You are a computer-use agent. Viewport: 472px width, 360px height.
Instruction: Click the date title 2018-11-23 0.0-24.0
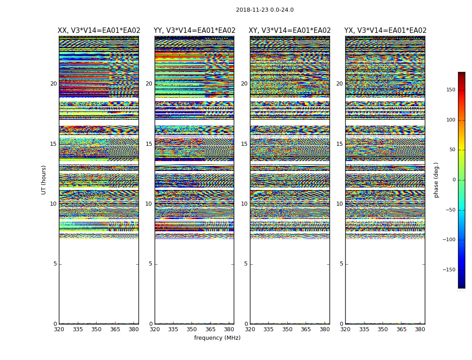coord(264,10)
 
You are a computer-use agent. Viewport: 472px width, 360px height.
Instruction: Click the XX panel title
coord(99,31)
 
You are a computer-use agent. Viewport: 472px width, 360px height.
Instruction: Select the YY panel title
coord(194,31)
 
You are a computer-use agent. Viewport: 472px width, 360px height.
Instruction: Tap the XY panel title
coord(290,31)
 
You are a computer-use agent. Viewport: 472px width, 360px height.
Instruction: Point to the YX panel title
coord(385,31)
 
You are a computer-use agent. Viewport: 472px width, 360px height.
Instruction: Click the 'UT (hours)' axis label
coord(44,180)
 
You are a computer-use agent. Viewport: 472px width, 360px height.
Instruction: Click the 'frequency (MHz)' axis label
coord(217,338)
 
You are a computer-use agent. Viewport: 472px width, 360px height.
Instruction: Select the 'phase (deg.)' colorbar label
coord(436,180)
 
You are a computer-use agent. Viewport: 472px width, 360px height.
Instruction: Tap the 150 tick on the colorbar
coord(450,90)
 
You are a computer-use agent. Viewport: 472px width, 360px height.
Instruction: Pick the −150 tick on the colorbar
coord(449,270)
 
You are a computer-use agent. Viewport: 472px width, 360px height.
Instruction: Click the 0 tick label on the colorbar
coord(454,180)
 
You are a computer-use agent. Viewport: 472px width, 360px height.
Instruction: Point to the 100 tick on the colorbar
coord(450,120)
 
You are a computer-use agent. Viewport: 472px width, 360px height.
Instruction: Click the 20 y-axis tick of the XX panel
coord(53,84)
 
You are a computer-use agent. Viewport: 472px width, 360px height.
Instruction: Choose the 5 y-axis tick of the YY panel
coord(151,264)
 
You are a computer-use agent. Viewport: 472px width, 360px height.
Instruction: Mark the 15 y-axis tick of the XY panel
coord(244,144)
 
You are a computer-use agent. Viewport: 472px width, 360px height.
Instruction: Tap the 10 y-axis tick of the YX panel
coord(339,204)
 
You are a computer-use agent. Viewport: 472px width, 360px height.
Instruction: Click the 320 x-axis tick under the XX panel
coord(59,329)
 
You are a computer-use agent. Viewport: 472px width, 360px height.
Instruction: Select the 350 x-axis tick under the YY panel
coord(191,329)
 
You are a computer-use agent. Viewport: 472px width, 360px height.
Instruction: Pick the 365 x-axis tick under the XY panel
coord(306,329)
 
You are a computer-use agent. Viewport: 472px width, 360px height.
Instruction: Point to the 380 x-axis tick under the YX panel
coord(420,329)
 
